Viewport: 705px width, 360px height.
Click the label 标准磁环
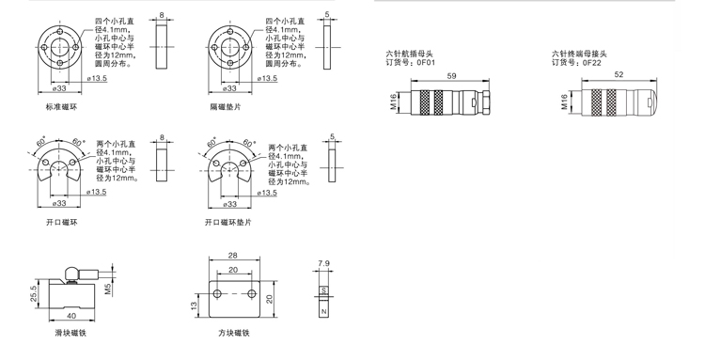pos(62,107)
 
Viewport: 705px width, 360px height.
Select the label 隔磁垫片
pos(226,107)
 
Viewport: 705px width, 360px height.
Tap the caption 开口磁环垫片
pos(228,222)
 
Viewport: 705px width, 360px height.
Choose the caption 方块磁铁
pos(234,333)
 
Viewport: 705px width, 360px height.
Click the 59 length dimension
pos(451,76)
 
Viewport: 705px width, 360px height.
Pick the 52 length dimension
pos(619,74)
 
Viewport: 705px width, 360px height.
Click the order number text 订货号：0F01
pos(411,62)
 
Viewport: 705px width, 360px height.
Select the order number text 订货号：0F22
pos(577,62)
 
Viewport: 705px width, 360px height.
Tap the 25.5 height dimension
pos(34,294)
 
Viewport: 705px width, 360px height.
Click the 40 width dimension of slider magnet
pos(71,316)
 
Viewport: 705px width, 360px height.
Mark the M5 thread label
pos(108,289)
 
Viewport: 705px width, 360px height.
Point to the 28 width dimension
pos(232,256)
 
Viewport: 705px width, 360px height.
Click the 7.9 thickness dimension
pos(323,264)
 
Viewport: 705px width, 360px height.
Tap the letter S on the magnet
pos(323,290)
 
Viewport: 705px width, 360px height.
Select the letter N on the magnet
pos(323,311)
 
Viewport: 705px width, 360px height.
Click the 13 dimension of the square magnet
pos(194,305)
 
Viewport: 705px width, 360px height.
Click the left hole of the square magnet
pos(218,294)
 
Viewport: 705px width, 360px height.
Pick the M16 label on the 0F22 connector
pos(564,102)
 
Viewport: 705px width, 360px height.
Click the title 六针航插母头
pos(410,54)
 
